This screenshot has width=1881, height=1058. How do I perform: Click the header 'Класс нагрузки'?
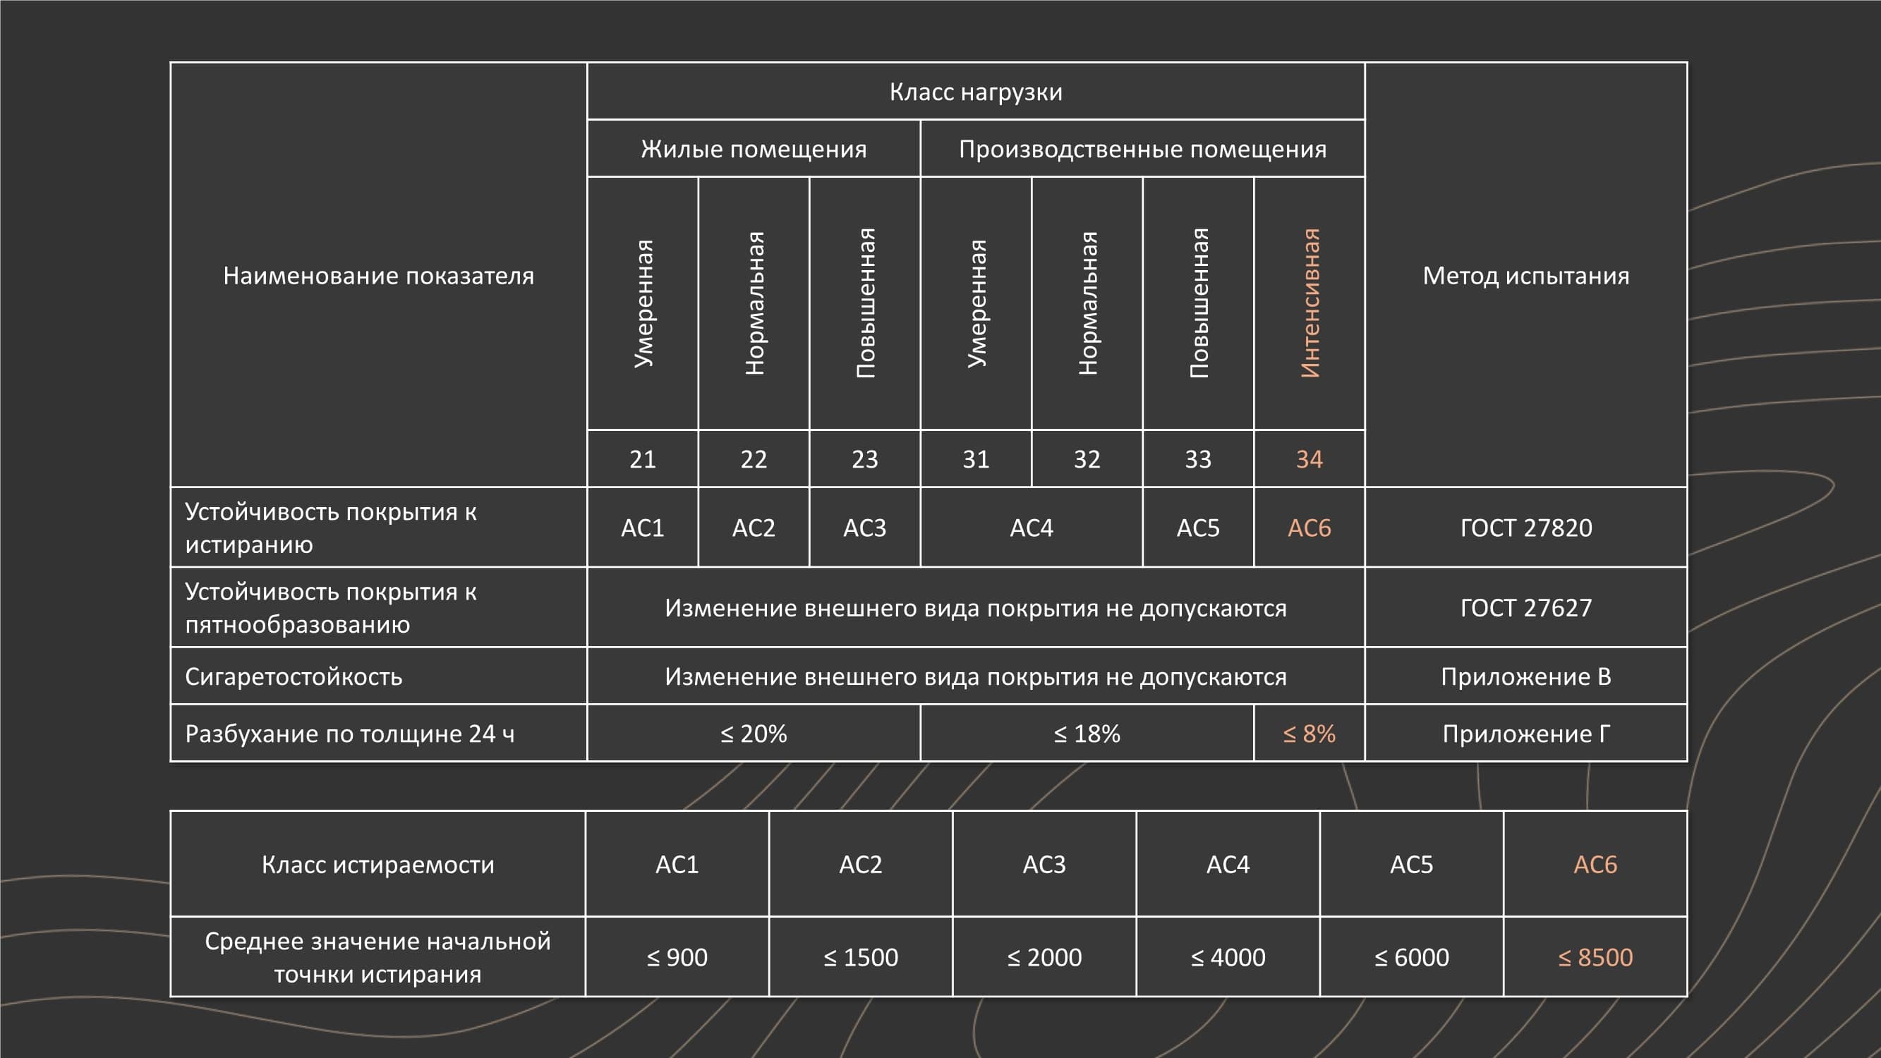point(976,92)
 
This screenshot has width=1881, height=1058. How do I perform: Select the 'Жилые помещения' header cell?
point(754,149)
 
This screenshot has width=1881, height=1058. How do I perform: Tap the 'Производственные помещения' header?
point(1142,149)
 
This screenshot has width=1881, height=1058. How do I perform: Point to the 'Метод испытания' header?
point(1525,275)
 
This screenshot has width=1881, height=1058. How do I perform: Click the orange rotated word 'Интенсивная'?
point(1310,303)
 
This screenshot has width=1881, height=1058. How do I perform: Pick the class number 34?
point(1310,459)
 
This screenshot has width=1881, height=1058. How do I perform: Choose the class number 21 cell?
point(643,459)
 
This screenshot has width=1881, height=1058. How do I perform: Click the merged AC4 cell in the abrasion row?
point(1031,528)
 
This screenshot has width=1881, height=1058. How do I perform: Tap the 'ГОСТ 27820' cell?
point(1525,528)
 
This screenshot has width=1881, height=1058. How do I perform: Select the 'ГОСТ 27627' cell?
point(1525,607)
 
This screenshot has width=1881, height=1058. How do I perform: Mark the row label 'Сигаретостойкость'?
point(294,677)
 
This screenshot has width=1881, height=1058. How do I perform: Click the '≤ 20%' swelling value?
point(754,734)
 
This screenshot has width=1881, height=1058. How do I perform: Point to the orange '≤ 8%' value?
point(1310,734)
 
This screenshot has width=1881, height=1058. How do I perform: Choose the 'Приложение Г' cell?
point(1525,734)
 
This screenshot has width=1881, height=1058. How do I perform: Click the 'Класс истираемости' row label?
point(377,865)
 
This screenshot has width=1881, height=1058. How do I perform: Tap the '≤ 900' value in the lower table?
point(677,957)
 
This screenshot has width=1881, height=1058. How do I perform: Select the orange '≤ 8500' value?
point(1595,957)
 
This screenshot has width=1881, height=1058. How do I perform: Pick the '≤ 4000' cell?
point(1228,957)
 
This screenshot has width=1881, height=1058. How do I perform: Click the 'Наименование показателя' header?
point(378,275)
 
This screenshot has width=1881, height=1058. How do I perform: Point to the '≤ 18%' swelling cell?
point(1087,734)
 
